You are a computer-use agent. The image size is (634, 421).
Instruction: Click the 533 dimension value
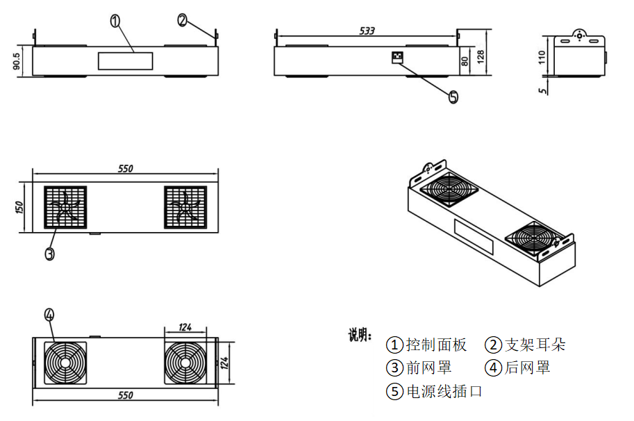tap(367, 31)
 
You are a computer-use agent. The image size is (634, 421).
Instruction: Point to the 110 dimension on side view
tap(543, 58)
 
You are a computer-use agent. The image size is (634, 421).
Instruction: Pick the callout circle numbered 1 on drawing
tap(116, 21)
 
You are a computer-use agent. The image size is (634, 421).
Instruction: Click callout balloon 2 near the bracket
tap(183, 20)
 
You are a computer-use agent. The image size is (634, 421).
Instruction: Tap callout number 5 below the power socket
tap(453, 97)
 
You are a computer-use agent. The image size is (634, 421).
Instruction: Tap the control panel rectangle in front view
tap(125, 61)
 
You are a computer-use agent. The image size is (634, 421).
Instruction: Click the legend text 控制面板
tap(436, 345)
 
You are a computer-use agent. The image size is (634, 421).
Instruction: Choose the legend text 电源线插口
tap(444, 392)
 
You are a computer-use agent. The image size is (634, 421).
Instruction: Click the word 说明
tap(360, 336)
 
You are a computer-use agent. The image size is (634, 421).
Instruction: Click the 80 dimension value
tap(465, 60)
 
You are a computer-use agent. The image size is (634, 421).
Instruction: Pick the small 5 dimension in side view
tap(543, 88)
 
